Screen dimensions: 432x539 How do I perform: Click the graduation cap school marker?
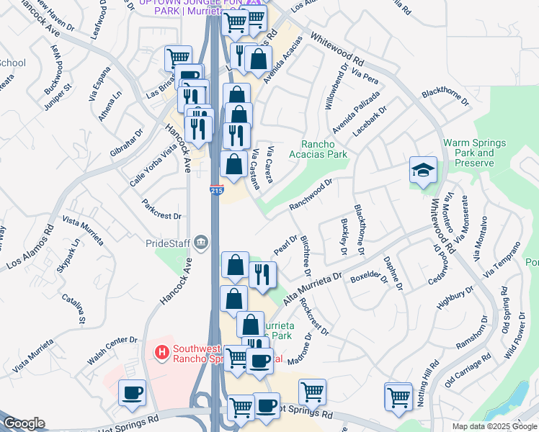coord(423,170)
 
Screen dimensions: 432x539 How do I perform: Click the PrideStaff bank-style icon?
coord(201,243)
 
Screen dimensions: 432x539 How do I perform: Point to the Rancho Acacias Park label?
coord(318,149)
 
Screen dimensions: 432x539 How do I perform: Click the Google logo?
coord(24,423)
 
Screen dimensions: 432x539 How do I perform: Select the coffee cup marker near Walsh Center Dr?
coord(132,393)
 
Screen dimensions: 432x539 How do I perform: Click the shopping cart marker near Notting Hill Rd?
coord(398,396)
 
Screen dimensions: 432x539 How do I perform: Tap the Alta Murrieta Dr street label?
coord(311,287)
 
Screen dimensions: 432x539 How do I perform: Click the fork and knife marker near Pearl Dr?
coord(262,274)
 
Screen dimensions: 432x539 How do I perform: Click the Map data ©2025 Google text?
coord(494,426)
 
